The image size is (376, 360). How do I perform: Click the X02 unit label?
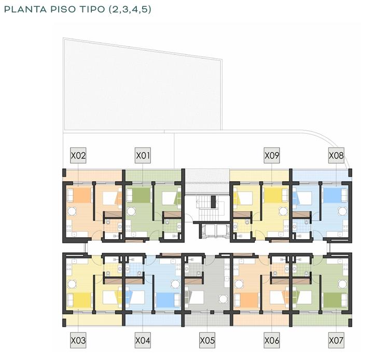tap(78, 155)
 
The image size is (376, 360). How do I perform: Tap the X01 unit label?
tap(143, 155)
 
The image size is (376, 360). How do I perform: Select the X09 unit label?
tap(272, 155)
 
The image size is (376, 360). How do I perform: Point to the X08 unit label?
tap(336, 155)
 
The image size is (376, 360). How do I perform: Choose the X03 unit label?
tap(78, 340)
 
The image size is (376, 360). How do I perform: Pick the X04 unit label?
tap(143, 340)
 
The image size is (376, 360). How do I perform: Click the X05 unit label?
tap(207, 340)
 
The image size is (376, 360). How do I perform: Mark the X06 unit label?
tap(272, 340)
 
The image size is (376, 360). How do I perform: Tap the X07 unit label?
tap(336, 340)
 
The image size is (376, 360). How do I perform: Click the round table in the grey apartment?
tap(223, 299)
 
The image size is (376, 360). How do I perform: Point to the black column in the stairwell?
tap(213, 201)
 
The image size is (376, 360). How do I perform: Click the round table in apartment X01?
tap(131, 211)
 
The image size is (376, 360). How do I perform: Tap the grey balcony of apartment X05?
tap(207, 320)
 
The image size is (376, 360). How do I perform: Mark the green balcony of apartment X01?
tap(154, 176)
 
